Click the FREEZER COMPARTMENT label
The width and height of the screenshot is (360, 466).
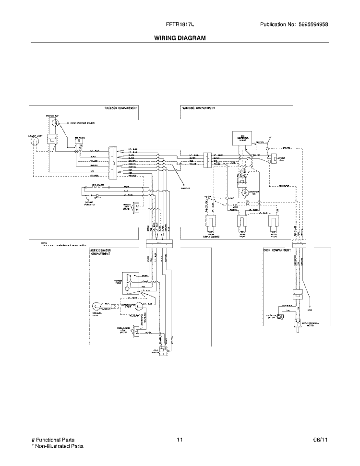pyautogui.click(x=121, y=108)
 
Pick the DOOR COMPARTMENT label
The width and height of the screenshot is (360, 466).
pyautogui.click(x=278, y=250)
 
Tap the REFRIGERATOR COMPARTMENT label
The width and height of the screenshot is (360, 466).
pyautogui.click(x=102, y=253)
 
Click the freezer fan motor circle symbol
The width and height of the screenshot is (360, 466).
pyautogui.click(x=56, y=124)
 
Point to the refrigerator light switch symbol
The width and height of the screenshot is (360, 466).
pyautogui.click(x=136, y=331)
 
